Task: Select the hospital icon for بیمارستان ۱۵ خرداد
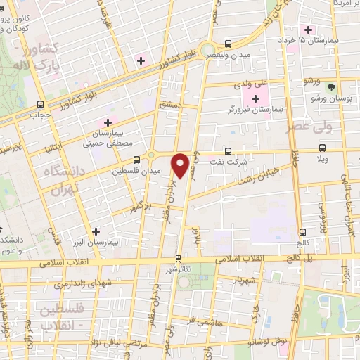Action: (307, 30)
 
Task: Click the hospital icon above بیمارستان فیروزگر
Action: (254, 98)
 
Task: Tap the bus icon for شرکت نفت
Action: (227, 150)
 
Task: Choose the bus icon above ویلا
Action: (322, 148)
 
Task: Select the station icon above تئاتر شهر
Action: (178, 258)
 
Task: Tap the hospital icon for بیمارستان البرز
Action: (96, 231)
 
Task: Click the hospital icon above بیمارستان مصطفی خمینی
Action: (107, 122)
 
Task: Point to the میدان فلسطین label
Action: (137, 170)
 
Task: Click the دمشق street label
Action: (169, 104)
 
